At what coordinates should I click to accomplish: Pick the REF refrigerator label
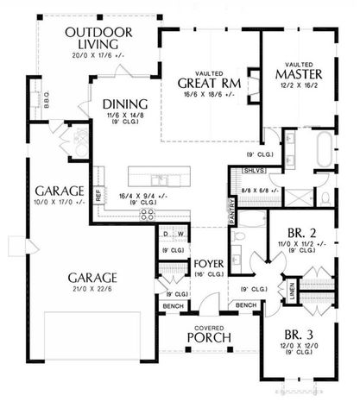point(99,197)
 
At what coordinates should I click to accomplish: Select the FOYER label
point(209,262)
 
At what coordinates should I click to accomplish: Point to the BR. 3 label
point(306,333)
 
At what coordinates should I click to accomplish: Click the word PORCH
point(208,338)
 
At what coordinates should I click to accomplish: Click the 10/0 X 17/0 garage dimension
point(57,203)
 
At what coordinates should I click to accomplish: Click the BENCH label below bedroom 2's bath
point(245,306)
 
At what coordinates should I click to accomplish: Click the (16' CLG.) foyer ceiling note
point(209,273)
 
